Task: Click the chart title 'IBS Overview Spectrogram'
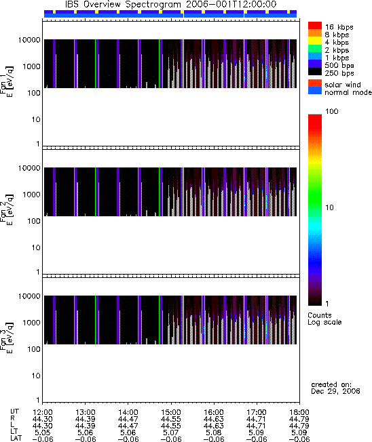pyautogui.click(x=123, y=5)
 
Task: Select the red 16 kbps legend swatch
pyautogui.click(x=315, y=26)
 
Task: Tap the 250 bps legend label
pyautogui.click(x=339, y=73)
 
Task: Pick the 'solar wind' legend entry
pyautogui.click(x=342, y=85)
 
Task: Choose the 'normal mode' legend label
pyautogui.click(x=348, y=92)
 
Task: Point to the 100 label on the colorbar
pyautogui.click(x=332, y=111)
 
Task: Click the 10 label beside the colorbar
pyautogui.click(x=329, y=207)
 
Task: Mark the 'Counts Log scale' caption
pyautogui.click(x=324, y=319)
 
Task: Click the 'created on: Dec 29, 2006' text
pyautogui.click(x=335, y=388)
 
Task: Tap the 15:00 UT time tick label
pyautogui.click(x=170, y=412)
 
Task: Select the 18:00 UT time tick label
pyautogui.click(x=299, y=412)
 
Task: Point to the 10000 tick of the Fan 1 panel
pyautogui.click(x=29, y=40)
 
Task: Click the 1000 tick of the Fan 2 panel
pyautogui.click(x=31, y=195)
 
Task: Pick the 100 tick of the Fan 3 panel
pyautogui.click(x=34, y=349)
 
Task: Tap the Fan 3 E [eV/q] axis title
pyautogui.click(x=6, y=338)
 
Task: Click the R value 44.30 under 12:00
pyautogui.click(x=42, y=419)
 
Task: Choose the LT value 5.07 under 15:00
pyautogui.click(x=170, y=433)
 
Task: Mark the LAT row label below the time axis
pyautogui.click(x=16, y=439)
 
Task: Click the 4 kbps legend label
pyautogui.click(x=337, y=43)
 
